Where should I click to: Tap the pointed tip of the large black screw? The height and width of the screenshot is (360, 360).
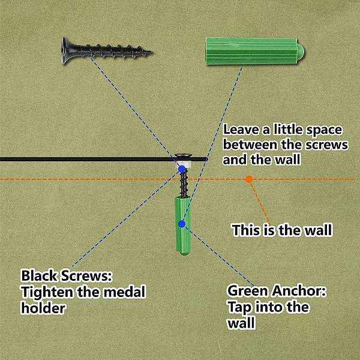[152, 52]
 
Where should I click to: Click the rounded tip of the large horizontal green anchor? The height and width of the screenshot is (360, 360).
[301, 52]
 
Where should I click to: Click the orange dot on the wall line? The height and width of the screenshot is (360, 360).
[249, 179]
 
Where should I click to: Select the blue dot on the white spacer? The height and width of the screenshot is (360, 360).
[182, 169]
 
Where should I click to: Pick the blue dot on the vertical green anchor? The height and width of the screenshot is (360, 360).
[182, 224]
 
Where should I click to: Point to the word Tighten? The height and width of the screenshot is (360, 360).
[47, 293]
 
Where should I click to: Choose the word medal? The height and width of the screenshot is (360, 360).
[124, 292]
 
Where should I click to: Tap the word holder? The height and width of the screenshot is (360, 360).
[43, 308]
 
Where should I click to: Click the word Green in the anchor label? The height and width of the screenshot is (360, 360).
[248, 290]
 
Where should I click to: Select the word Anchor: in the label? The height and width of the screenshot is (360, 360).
[299, 290]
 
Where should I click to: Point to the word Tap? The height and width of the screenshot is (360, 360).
[239, 308]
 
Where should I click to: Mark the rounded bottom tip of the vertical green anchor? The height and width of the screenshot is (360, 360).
[183, 252]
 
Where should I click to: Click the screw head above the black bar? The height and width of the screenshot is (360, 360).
[184, 155]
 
